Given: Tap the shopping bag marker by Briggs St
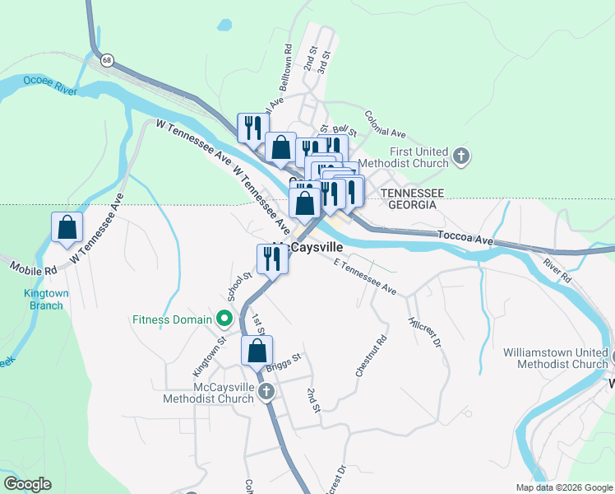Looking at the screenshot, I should [257, 350].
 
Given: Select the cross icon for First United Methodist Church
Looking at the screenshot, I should [462, 156].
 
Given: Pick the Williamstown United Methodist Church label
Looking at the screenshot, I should [556, 358].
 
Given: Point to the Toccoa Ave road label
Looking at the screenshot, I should [465, 236].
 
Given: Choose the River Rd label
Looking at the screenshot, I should [557, 272].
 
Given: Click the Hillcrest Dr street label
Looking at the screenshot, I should [425, 332].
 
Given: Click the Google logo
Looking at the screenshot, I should [27, 484].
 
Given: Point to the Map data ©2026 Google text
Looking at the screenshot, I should [563, 487].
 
